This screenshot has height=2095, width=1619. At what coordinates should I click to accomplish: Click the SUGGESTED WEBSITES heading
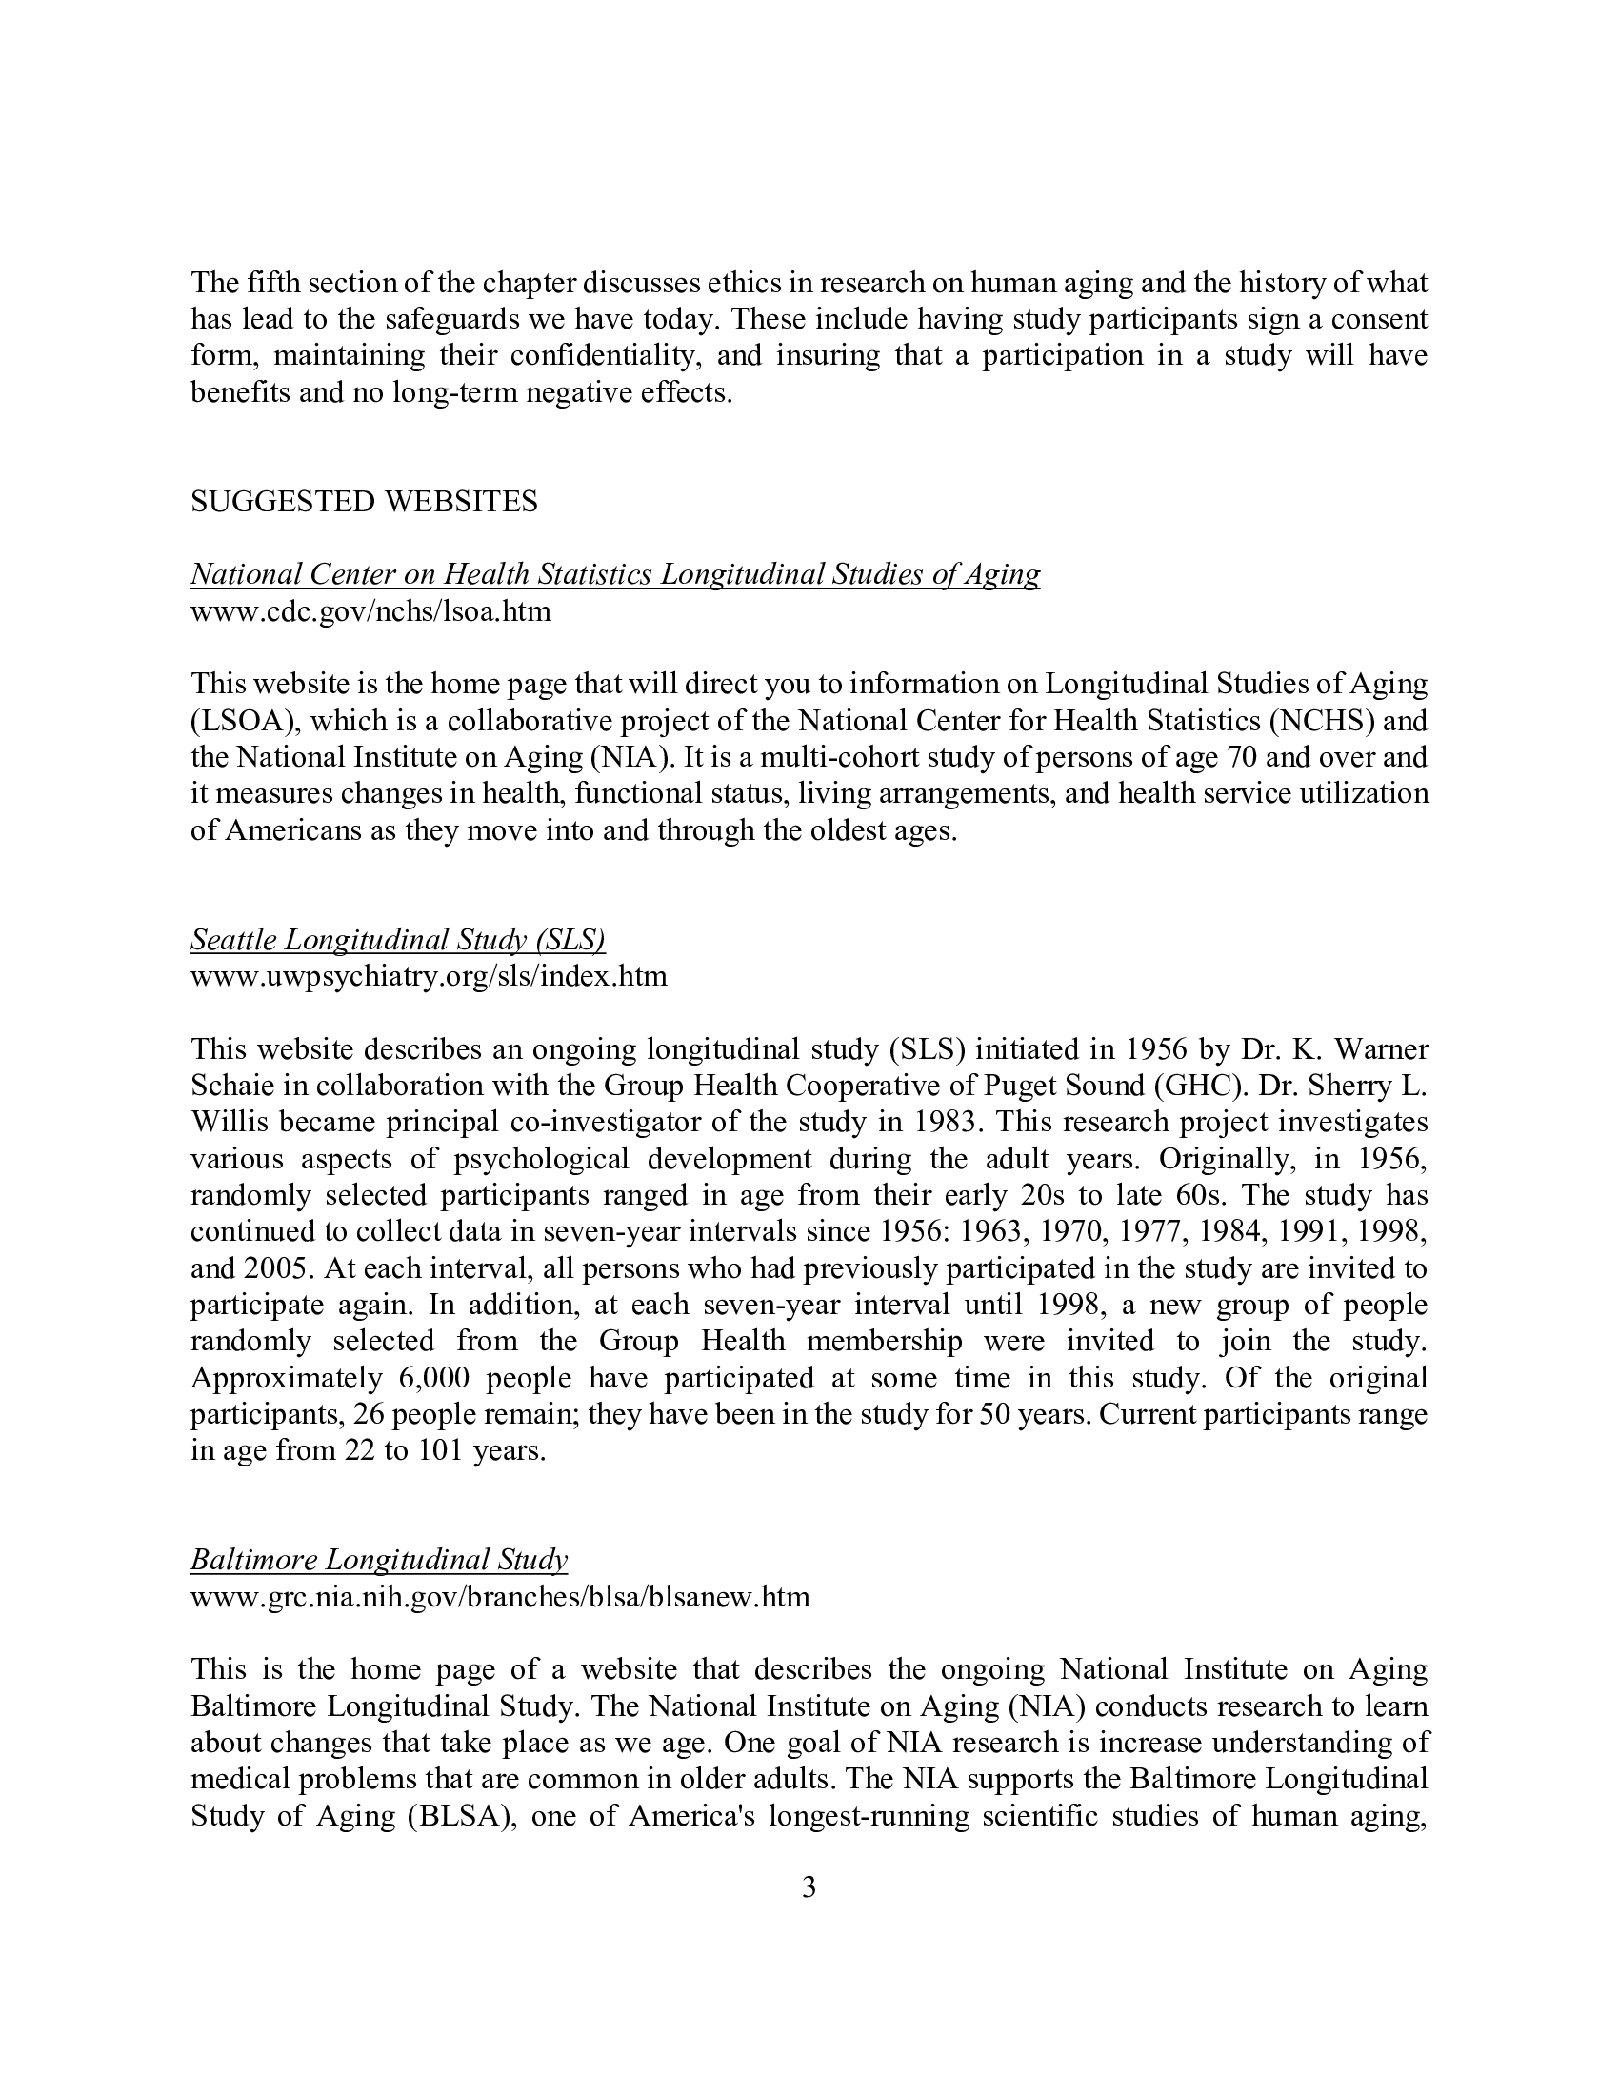[364, 502]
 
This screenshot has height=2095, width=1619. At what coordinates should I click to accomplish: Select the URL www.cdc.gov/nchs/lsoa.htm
[370, 611]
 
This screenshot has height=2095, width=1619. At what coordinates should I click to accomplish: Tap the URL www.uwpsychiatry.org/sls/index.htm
[428, 976]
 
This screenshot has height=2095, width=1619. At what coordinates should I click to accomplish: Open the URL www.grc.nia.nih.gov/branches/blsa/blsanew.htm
[500, 1596]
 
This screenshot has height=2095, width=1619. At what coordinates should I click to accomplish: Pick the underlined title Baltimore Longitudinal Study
[379, 1560]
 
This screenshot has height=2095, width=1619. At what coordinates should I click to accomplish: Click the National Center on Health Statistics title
[614, 573]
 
